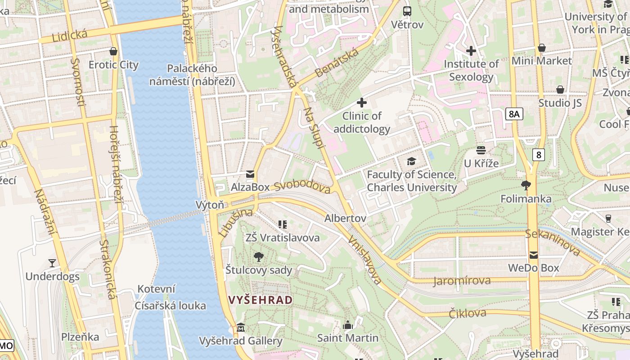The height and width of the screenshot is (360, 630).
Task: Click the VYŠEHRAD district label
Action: [x=260, y=300]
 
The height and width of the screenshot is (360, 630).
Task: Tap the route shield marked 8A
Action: [x=514, y=114]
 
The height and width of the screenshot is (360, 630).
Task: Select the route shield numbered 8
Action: [x=538, y=155]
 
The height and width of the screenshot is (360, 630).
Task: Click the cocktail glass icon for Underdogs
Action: [x=52, y=263]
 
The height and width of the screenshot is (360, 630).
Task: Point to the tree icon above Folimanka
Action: [x=526, y=185]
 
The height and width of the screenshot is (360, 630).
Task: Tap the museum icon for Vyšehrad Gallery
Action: [x=241, y=327]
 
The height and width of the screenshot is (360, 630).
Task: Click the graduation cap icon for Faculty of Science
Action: [x=411, y=161]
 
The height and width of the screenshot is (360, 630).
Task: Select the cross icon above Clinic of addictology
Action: [x=362, y=103]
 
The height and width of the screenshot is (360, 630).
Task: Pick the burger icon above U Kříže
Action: [x=481, y=150]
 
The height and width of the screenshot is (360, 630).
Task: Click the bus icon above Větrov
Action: [x=407, y=11]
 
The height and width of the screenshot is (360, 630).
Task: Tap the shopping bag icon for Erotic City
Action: [x=113, y=51]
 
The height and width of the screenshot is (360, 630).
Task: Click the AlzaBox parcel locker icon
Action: [x=250, y=174]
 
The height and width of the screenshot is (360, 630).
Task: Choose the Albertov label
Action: [x=345, y=218]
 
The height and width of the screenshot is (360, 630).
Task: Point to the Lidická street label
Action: [x=69, y=36]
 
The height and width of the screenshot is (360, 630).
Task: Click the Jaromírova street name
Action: [x=461, y=281]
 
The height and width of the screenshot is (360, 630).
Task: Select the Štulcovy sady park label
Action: [x=259, y=270]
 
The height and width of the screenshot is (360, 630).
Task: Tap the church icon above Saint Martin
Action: [x=347, y=325]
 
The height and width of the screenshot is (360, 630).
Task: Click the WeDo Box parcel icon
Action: [x=533, y=255]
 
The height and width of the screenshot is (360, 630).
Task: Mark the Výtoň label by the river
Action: [x=209, y=205]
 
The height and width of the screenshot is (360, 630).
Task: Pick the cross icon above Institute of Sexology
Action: [x=471, y=51]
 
